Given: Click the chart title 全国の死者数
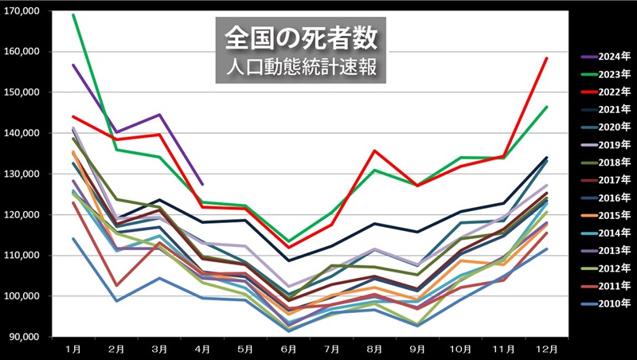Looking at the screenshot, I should [x=302, y=38].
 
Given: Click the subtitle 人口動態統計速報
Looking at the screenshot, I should [x=302, y=65].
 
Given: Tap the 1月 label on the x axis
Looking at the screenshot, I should [x=74, y=349].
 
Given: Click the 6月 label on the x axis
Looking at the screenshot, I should [x=289, y=349].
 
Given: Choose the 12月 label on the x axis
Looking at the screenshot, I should [x=546, y=349].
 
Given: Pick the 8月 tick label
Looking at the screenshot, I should [x=374, y=349].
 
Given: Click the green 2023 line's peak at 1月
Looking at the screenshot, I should [x=74, y=15].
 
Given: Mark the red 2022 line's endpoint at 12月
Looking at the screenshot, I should [x=546, y=58].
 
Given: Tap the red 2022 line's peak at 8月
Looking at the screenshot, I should [x=374, y=151].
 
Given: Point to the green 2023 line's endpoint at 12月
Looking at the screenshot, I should [x=546, y=107].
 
